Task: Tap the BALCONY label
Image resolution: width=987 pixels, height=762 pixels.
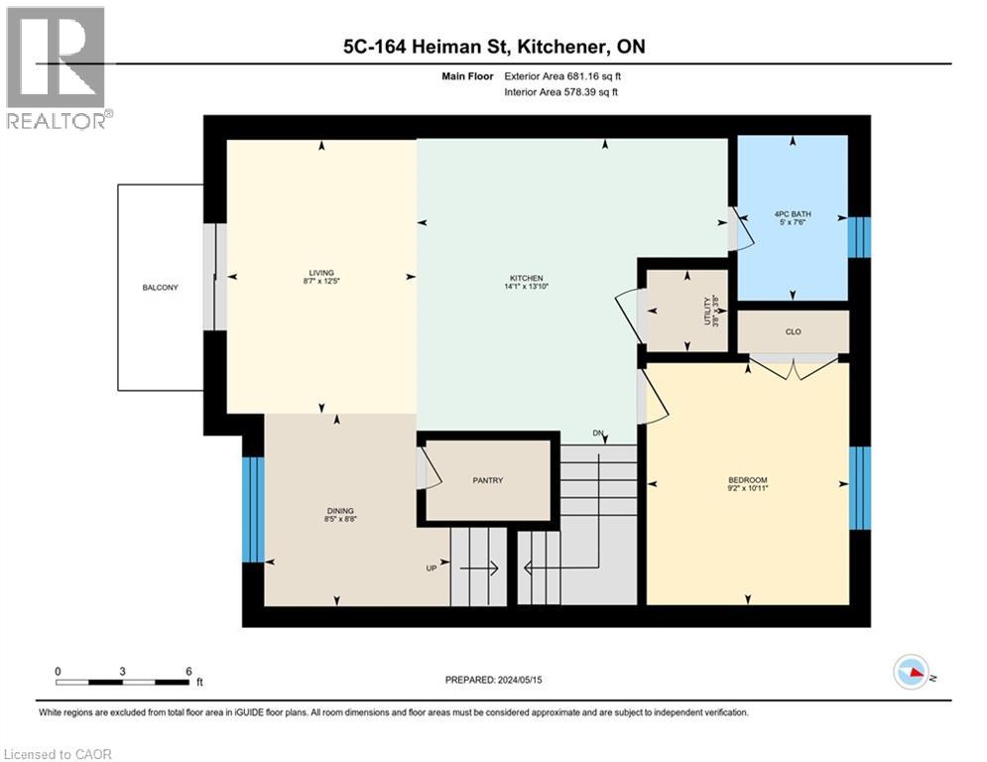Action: pos(159,288)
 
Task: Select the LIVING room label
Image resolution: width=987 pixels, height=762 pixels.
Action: pos(321,273)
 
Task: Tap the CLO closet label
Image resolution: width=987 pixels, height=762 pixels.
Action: pos(793,331)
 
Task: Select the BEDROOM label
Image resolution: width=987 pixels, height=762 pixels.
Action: pos(747,480)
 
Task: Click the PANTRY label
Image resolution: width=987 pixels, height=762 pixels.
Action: pos(487,480)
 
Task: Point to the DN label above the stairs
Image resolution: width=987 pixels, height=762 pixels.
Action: pos(598,434)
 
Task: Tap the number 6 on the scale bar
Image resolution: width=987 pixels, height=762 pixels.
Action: pos(187,671)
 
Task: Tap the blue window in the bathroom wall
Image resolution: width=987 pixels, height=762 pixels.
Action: pos(859,235)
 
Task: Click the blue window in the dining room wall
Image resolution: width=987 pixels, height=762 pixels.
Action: pos(254,509)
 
